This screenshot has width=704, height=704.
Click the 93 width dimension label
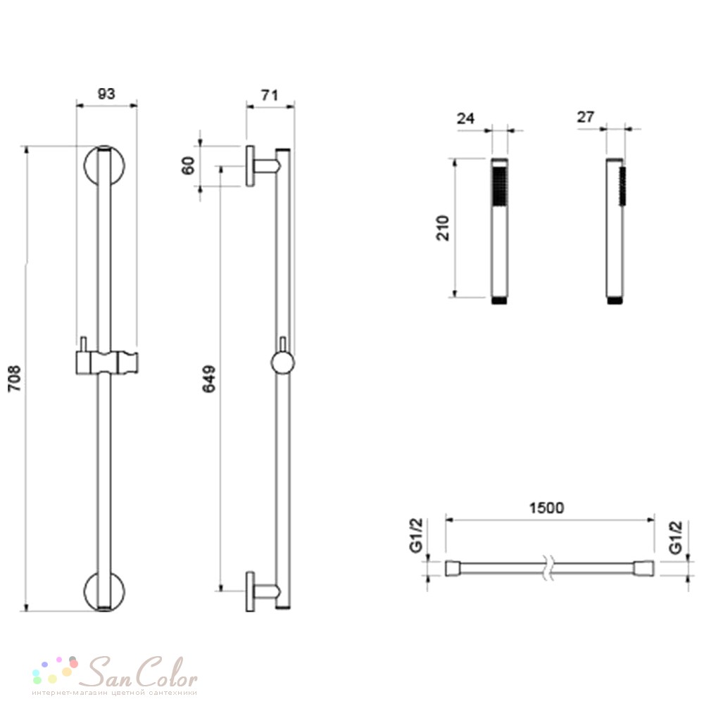tap(106, 94)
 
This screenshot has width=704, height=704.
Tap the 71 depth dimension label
tap(270, 95)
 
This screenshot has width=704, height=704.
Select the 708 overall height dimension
tap(15, 379)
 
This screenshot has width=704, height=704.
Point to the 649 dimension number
tap(209, 379)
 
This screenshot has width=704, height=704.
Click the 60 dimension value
tap(189, 165)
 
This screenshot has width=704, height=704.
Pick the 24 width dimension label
tap(465, 118)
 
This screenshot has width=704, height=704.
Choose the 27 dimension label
tap(586, 117)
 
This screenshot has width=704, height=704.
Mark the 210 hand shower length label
tap(443, 228)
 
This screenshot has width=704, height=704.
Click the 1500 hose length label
tap(546, 508)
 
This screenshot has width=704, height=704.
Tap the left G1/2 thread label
tap(416, 535)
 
